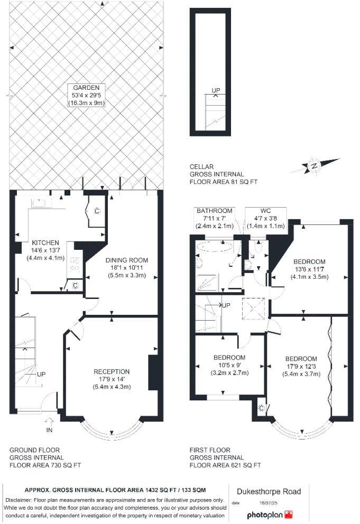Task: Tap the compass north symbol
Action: point(313,166)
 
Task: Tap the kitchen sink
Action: point(40,202)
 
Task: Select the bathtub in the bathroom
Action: point(214,246)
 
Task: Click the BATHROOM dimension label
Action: point(211,217)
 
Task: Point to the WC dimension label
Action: point(265,217)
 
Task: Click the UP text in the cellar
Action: point(215,91)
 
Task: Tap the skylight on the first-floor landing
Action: point(252,308)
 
